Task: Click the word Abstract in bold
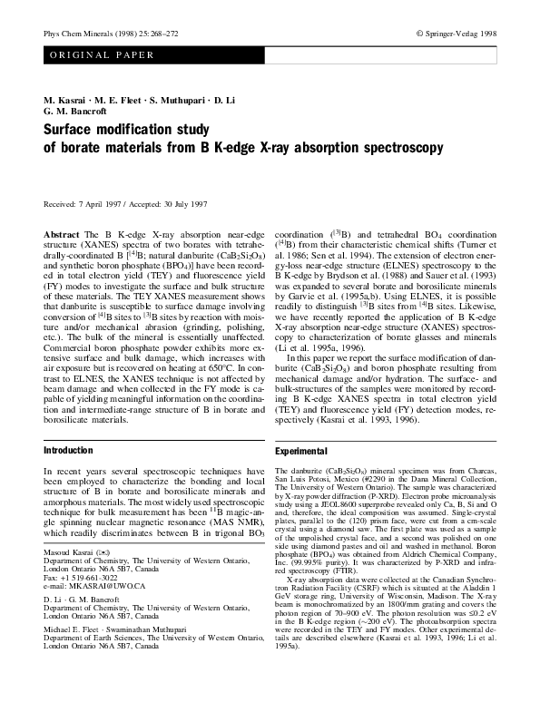click(62, 234)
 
